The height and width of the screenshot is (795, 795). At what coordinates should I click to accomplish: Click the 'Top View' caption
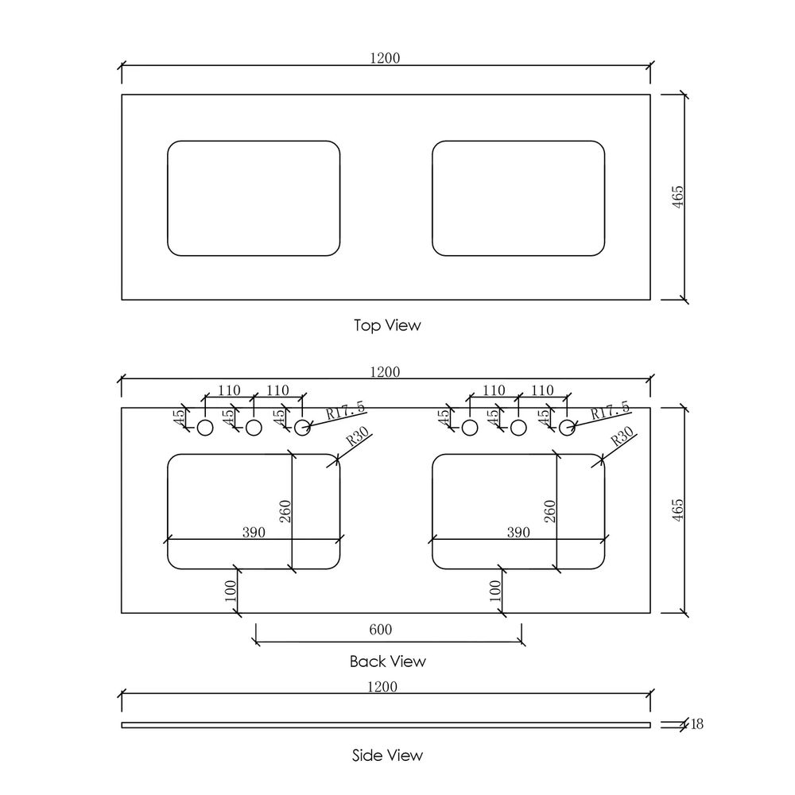coord(387,325)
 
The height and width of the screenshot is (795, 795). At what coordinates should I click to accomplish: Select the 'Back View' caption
coord(388,661)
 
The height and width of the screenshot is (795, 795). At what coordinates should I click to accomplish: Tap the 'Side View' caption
coord(387,755)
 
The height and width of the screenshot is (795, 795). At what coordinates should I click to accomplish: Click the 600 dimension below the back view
coord(381,629)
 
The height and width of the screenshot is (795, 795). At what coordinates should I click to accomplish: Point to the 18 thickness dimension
coord(697,724)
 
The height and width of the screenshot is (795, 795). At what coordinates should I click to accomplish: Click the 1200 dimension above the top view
coord(385,58)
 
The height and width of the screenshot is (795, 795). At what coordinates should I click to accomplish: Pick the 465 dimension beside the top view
coord(678,196)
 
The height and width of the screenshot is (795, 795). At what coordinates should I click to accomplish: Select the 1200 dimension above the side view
coord(382,687)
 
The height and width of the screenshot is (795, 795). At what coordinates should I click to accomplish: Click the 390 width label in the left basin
coord(254,532)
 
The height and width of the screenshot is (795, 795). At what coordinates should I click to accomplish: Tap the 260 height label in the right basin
coord(550,511)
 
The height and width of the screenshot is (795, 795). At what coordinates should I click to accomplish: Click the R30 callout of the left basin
coord(358,436)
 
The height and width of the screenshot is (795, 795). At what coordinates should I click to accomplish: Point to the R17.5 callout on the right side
coord(611,410)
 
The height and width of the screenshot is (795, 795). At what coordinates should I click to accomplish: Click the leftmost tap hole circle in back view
coord(205,428)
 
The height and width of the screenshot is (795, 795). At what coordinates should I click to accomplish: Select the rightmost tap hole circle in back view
coord(567,428)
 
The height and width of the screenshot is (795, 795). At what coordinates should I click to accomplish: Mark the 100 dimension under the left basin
coord(231,591)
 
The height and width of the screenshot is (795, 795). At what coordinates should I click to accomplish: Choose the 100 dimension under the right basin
coord(495,591)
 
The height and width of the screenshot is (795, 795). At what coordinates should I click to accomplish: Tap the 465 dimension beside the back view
coord(678,510)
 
